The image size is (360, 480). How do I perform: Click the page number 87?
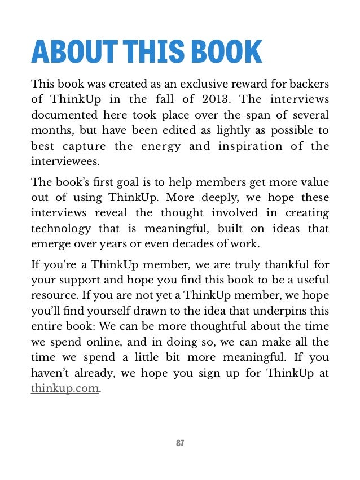pos(180,443)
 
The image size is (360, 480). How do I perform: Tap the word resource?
pos(51,295)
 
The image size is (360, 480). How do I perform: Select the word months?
pos(51,130)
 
